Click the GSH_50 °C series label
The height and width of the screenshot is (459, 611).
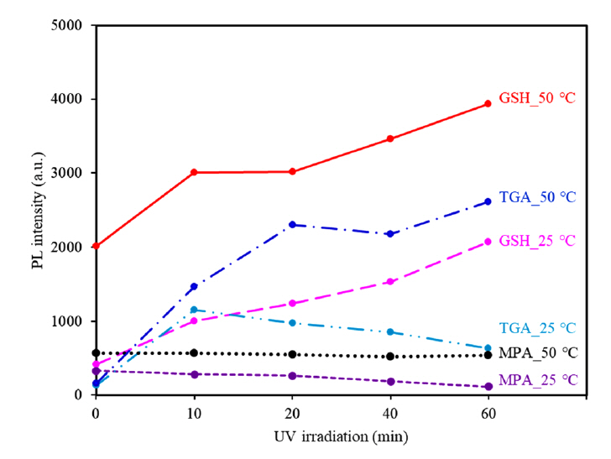(x=537, y=97)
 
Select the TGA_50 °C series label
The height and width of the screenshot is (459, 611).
(x=537, y=197)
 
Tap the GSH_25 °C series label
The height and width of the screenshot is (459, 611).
(x=537, y=241)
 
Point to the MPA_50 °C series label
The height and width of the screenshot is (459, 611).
(x=538, y=352)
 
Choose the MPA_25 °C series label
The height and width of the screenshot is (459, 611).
(x=538, y=380)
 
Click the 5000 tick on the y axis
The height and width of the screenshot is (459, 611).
(x=74, y=25)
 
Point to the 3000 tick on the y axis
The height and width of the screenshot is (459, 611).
(x=74, y=173)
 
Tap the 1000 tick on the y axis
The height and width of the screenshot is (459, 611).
(x=74, y=321)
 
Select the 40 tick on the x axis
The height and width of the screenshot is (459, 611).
(x=389, y=413)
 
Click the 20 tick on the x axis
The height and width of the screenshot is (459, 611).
(x=292, y=413)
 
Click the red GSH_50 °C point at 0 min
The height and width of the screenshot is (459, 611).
(x=96, y=246)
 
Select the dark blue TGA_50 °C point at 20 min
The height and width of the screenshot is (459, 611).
(x=292, y=225)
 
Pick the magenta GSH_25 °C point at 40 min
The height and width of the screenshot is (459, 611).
(x=389, y=282)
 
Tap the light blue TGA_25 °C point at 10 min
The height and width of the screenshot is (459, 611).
(x=194, y=310)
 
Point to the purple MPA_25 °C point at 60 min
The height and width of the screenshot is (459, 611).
(x=488, y=387)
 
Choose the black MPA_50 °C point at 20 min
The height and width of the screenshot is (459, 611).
(x=292, y=354)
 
